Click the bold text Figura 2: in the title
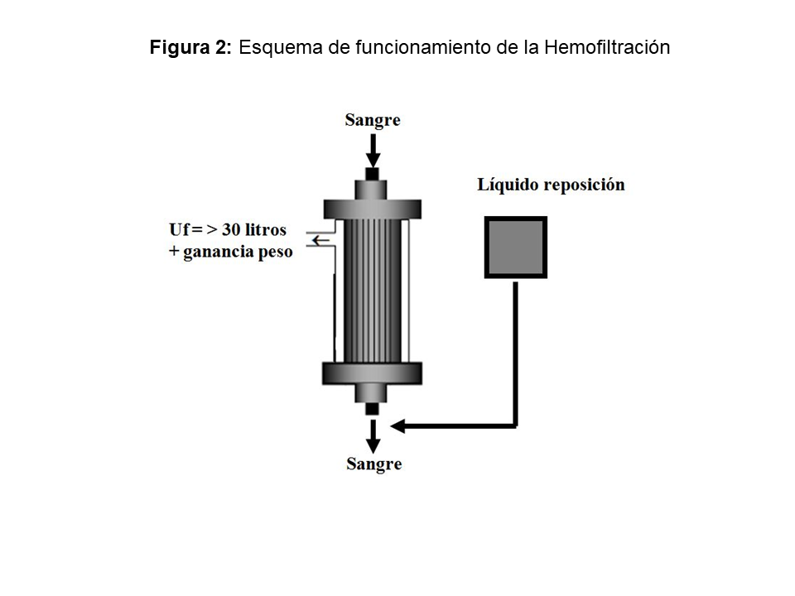point(191,48)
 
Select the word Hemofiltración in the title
point(607,48)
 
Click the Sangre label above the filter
point(373,120)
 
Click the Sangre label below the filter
point(373,464)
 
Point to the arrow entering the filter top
point(373,151)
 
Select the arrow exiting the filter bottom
point(373,435)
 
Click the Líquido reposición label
point(551,185)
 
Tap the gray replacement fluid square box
point(515,248)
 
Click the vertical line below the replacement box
point(515,348)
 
